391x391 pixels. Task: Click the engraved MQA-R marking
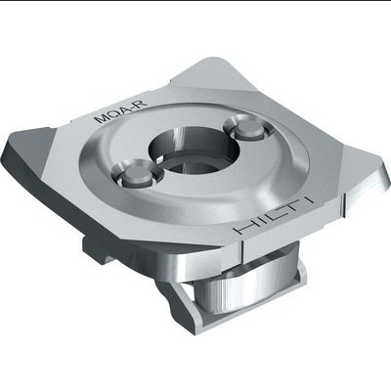click(x=120, y=110)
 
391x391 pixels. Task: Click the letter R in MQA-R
click(x=142, y=104)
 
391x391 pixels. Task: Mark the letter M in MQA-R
click(x=100, y=118)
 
